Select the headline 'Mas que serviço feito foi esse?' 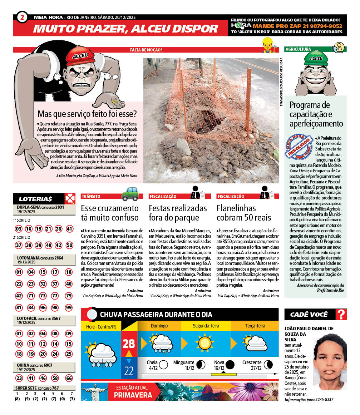[x=87, y=114]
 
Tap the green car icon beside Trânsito [x=130, y=194]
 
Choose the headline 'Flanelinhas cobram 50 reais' [x=244, y=213]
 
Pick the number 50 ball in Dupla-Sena [x=69, y=245]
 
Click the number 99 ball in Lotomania [x=69, y=307]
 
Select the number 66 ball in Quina [x=69, y=378]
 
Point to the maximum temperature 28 [x=129, y=344]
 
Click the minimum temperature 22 [x=129, y=370]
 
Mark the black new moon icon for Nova [x=230, y=365]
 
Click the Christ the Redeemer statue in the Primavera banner [x=94, y=391]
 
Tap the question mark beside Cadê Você [x=341, y=315]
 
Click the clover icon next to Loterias [x=70, y=199]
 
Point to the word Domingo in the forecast [x=159, y=326]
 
